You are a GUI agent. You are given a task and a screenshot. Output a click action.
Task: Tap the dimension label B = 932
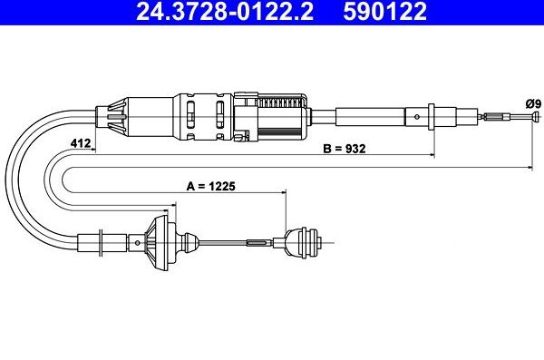tap(344, 150)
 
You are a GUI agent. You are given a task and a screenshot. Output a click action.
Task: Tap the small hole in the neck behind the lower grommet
tap(189, 242)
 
